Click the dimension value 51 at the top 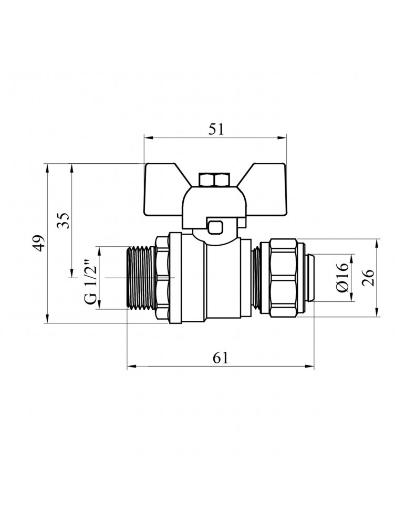(216, 130)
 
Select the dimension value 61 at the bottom (221, 358)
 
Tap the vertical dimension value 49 (38, 243)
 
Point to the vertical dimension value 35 (63, 220)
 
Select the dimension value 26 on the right (368, 277)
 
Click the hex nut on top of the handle (214, 181)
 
